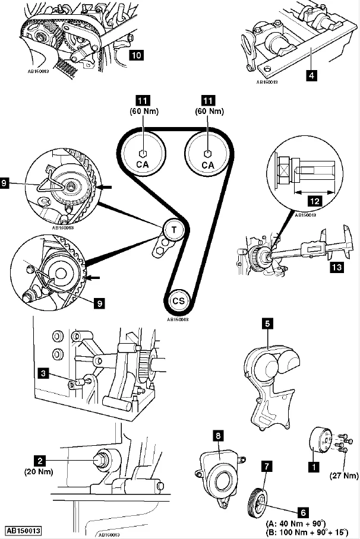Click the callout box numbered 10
[x=136, y=56]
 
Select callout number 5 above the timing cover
[x=268, y=324]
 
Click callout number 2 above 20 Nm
[x=40, y=459]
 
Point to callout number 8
[x=218, y=436]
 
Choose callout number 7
[x=267, y=467]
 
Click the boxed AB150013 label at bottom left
[x=23, y=531]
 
